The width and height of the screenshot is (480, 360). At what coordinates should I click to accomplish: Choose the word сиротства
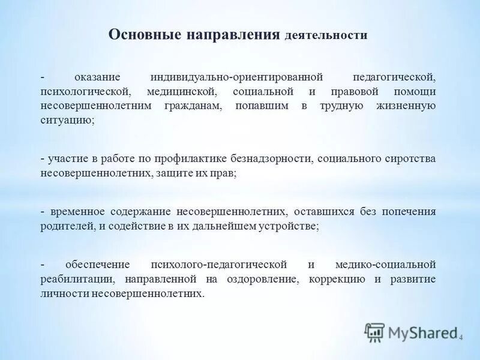tap(414, 159)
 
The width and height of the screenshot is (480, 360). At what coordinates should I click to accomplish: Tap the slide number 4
tap(461, 338)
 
